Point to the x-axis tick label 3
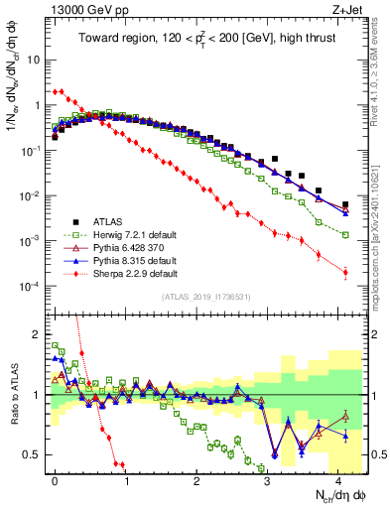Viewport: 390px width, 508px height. (267, 478)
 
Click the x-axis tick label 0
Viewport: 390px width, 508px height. (55, 478)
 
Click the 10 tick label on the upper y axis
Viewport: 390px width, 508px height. (35, 59)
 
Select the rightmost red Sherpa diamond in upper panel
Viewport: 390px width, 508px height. (345, 272)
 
